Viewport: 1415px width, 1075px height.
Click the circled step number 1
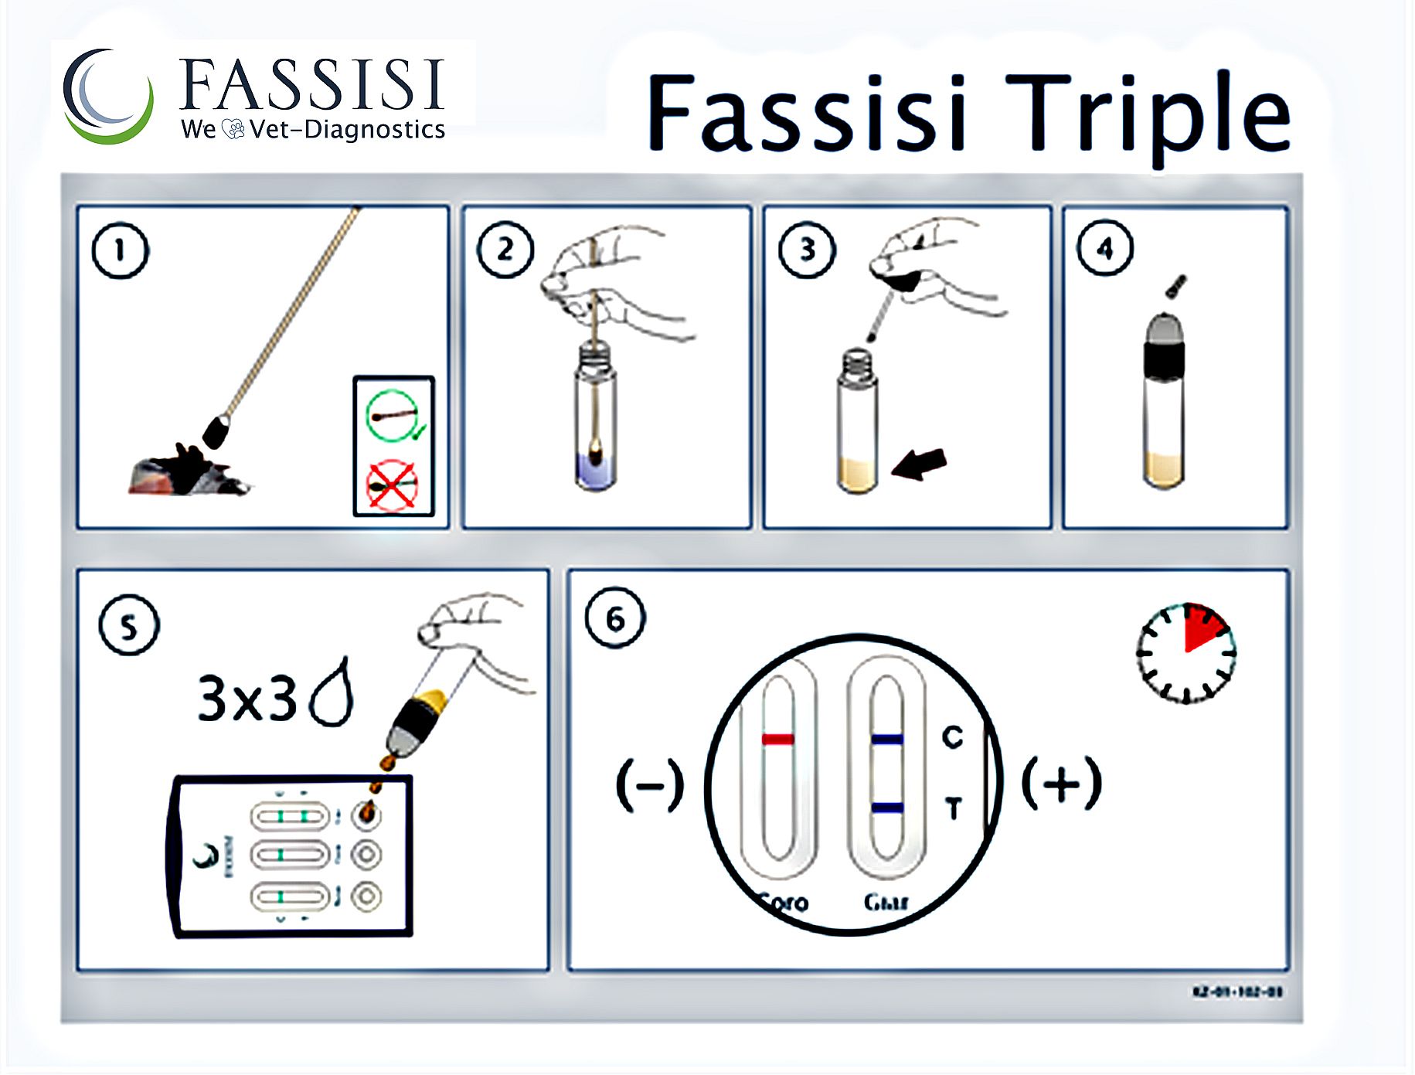coord(120,250)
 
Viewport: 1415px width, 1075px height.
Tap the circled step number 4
coord(1105,249)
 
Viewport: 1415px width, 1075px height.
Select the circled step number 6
coord(615,618)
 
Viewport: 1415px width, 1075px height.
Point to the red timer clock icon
coord(1186,653)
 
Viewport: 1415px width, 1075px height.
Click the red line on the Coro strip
coord(777,740)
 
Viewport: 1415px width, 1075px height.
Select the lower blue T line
coord(887,808)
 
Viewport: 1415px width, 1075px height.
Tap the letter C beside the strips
coord(953,737)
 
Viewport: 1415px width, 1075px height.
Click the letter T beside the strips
coord(954,808)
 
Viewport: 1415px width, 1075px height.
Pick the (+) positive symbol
coord(1062,784)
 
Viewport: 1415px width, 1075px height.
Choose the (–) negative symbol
coord(650,785)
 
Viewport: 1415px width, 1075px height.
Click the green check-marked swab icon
coord(393,417)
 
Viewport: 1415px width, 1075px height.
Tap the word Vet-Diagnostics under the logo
coord(348,129)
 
